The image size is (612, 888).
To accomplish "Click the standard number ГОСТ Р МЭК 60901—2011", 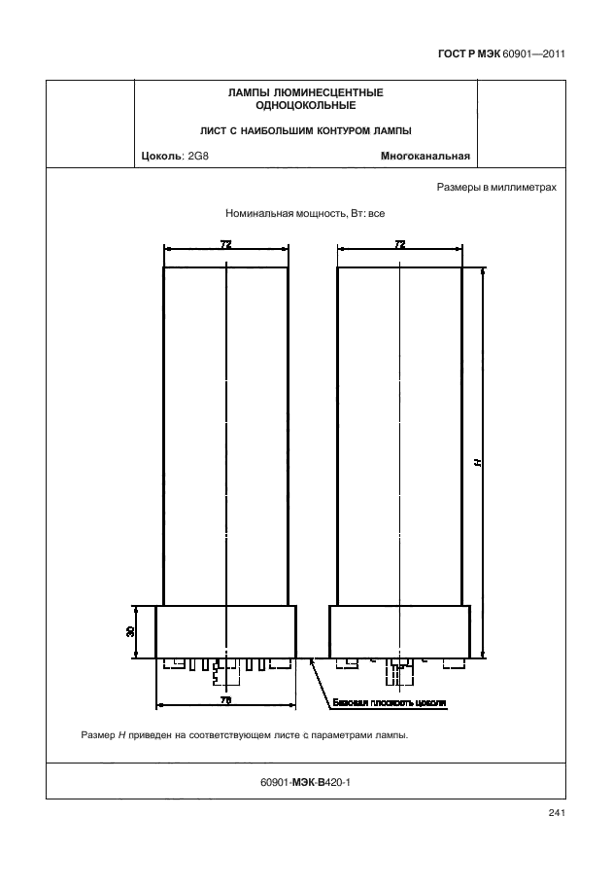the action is [501, 54].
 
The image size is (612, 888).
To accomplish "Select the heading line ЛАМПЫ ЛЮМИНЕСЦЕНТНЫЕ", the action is [305, 92].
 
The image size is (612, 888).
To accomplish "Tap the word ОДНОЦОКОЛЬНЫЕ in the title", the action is [305, 105].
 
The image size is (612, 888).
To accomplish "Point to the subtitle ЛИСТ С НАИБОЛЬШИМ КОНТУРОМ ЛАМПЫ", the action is [305, 131].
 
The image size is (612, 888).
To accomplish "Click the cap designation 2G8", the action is [198, 156].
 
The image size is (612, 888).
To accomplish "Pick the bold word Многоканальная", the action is [425, 156].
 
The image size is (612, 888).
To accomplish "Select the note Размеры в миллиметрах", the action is [496, 188].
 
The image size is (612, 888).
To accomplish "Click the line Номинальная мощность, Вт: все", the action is [305, 214].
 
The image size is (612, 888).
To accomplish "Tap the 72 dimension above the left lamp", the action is [225, 244].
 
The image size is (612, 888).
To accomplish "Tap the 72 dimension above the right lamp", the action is [400, 244].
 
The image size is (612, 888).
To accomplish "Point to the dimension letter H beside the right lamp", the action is [478, 463].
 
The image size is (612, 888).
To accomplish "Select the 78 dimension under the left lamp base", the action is [225, 700].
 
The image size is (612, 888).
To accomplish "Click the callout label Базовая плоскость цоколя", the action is [390, 703].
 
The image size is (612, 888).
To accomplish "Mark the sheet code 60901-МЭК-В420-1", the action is [305, 782].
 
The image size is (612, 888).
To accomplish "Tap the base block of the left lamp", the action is [225, 632].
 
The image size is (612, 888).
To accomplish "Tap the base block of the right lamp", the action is [400, 632].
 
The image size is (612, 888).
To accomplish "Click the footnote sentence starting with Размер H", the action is [245, 735].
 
